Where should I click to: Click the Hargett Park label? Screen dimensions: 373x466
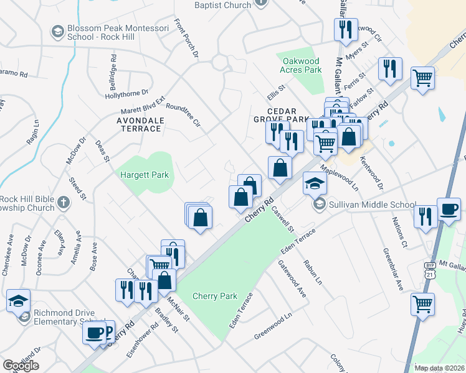coord(145,175)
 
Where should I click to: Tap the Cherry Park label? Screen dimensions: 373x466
coord(214,296)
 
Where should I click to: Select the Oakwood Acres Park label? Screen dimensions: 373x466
coord(302,65)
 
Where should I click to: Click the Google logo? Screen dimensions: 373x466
coord(21,366)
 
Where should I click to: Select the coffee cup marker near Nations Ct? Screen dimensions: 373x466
coord(449,210)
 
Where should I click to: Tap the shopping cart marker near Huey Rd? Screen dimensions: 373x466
coord(423,305)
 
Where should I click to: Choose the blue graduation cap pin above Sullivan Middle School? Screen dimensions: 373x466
coord(315,183)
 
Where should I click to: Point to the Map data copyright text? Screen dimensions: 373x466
coord(439,368)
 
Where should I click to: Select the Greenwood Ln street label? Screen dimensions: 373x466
coord(272,328)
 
